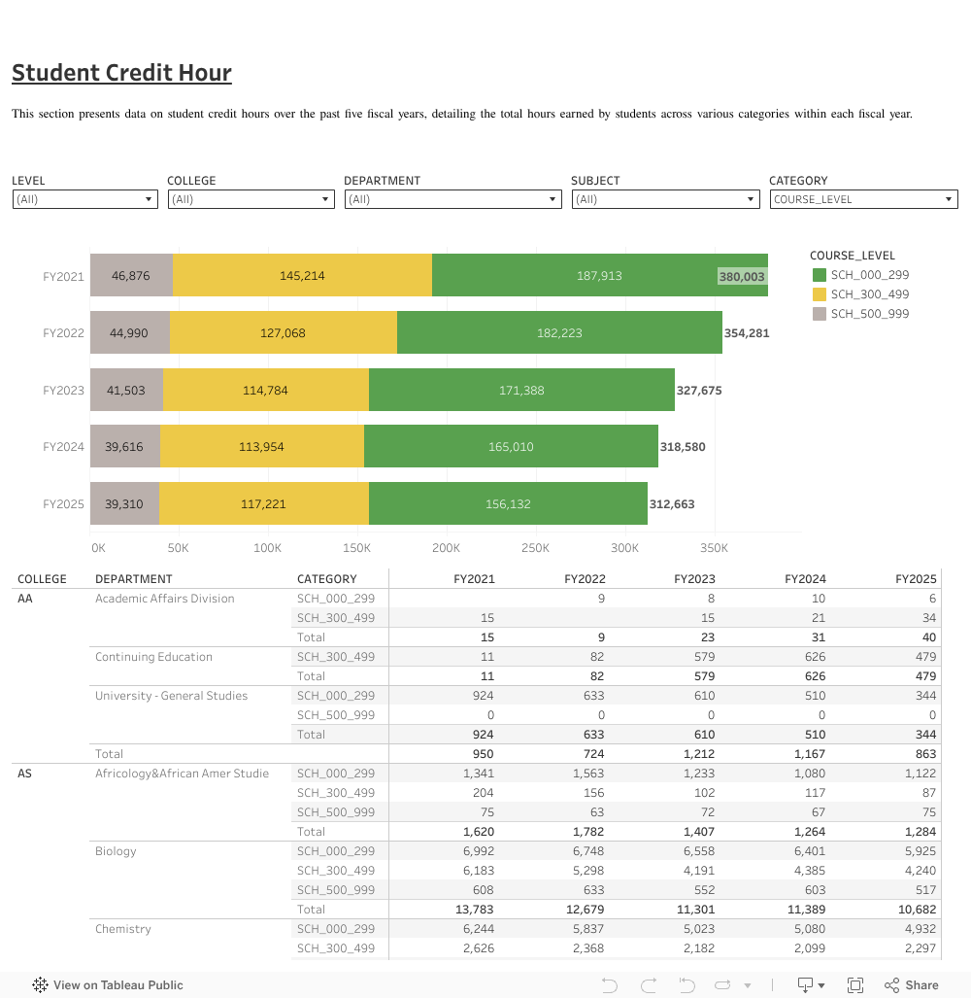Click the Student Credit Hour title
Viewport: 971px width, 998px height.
(x=121, y=73)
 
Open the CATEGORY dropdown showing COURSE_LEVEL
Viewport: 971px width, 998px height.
(x=863, y=199)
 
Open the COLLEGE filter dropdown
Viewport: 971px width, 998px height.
(x=251, y=199)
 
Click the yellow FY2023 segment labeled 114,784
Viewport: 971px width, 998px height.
(x=265, y=391)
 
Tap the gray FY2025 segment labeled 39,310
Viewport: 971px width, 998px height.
(x=124, y=504)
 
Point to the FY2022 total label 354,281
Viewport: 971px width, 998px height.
(x=746, y=333)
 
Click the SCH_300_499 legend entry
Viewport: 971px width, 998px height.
(x=869, y=294)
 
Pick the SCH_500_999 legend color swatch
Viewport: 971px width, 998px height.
(x=820, y=314)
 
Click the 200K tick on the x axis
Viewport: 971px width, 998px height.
(x=447, y=548)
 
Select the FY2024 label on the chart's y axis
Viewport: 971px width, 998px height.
(x=64, y=448)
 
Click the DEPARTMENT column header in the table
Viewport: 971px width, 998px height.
(x=134, y=579)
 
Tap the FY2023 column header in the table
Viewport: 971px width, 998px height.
(x=694, y=579)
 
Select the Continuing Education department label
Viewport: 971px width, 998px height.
(x=153, y=657)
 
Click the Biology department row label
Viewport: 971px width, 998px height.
(x=116, y=851)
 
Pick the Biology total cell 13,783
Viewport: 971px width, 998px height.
(x=475, y=910)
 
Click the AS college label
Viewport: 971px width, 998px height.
(x=25, y=774)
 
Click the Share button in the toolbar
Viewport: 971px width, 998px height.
(x=912, y=985)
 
